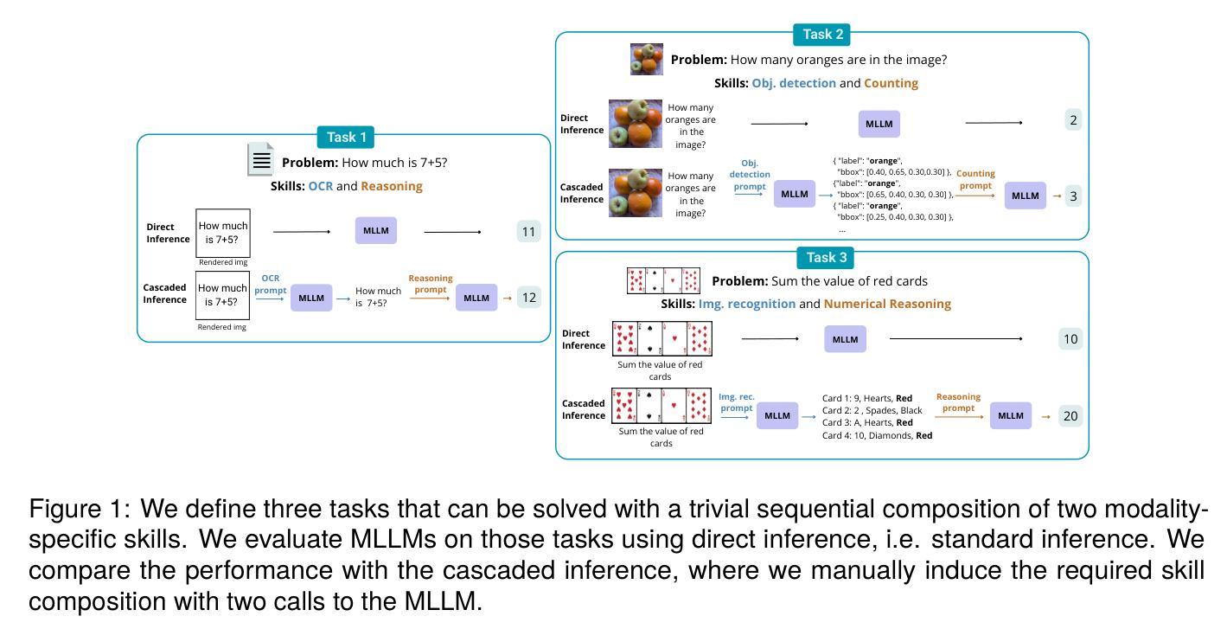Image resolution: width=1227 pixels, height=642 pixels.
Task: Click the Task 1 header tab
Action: pos(346,137)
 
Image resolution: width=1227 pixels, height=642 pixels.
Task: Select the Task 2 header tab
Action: pos(822,35)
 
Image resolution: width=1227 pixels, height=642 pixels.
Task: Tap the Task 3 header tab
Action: pos(826,257)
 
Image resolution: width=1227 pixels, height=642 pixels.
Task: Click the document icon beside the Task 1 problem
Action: pos(260,160)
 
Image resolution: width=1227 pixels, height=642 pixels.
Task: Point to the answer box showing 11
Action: pos(528,231)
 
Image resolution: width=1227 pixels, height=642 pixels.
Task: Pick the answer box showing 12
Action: pos(529,298)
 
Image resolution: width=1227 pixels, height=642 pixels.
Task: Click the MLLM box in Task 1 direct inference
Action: pos(375,231)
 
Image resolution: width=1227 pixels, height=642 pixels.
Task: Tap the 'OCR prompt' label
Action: pos(270,285)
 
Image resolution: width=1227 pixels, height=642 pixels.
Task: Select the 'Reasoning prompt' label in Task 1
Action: pos(430,284)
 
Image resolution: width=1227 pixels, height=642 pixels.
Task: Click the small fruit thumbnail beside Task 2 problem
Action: pos(647,60)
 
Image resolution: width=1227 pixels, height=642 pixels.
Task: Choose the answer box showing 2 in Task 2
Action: pos(1073,120)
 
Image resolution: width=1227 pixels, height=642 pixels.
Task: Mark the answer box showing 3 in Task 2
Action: pos(1073,196)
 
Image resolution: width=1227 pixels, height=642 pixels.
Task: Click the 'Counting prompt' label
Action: pos(975,180)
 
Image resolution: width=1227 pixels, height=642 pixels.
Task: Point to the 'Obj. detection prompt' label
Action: pos(749,175)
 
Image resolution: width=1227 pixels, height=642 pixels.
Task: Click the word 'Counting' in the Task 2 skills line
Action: pos(891,83)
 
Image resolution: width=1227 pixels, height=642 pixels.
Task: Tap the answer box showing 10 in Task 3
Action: pos(1070,339)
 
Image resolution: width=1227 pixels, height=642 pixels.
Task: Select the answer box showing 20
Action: pos(1070,416)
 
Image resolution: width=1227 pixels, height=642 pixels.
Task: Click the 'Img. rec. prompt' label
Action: pos(736,402)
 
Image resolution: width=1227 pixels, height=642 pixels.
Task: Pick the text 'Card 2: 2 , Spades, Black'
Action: pos(872,410)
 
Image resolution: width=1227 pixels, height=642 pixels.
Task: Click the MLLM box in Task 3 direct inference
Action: pos(845,339)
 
